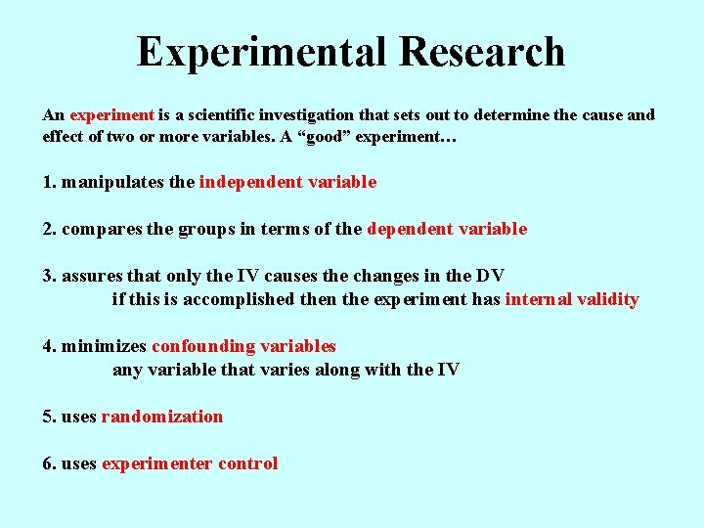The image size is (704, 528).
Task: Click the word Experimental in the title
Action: click(251, 52)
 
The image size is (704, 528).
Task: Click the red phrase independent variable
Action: click(287, 182)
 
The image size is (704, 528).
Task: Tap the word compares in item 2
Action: click(98, 229)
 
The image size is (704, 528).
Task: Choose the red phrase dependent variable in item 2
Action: click(447, 229)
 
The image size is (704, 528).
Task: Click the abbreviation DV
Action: click(489, 276)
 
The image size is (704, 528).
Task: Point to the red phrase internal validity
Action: click(571, 299)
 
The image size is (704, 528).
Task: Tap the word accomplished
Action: click(236, 299)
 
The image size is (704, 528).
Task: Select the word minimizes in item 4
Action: click(104, 346)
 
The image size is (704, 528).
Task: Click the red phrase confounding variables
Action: click(243, 346)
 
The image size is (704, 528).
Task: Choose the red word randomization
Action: click(161, 417)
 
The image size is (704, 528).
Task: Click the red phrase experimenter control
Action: click(189, 463)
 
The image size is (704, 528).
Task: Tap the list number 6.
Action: click(48, 463)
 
